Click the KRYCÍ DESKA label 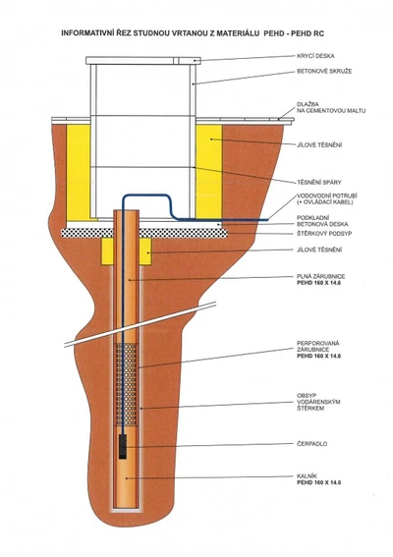[315, 56]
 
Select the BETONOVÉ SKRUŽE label [324, 71]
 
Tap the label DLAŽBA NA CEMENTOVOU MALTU [331, 108]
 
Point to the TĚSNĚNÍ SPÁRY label [318, 183]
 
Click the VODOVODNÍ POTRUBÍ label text [326, 196]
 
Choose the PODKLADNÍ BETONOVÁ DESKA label [322, 221]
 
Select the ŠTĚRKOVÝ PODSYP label [324, 234]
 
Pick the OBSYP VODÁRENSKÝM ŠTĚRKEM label [318, 402]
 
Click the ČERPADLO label [311, 444]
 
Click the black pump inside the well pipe [123, 446]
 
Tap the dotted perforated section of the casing [126, 385]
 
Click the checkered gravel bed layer [144, 233]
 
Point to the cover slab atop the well [143, 61]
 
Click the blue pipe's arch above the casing [145, 195]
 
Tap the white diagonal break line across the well [140, 323]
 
